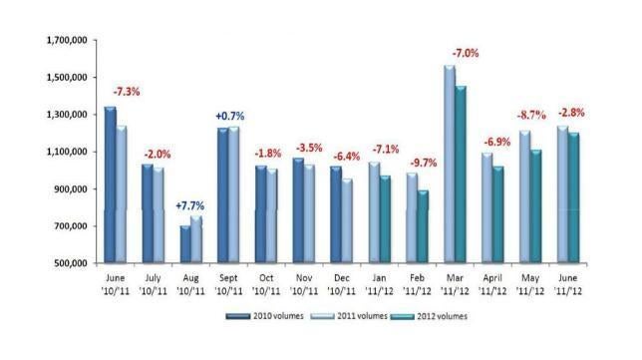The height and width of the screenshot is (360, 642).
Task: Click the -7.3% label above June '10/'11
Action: point(128,91)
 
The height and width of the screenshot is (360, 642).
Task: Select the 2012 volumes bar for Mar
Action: point(461,175)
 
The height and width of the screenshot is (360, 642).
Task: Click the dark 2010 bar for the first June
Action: point(111,184)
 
